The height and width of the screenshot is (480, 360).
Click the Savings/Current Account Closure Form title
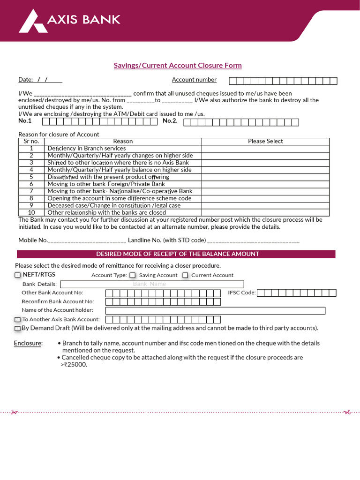[x=178, y=65]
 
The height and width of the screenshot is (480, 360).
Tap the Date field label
[x=25, y=80]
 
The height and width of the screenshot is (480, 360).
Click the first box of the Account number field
[x=232, y=81]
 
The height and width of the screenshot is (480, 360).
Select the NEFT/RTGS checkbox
[x=18, y=275]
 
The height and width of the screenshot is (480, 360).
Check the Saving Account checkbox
[x=133, y=276]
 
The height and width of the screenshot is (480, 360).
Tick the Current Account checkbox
[x=185, y=276]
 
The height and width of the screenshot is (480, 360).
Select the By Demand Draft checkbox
[x=18, y=329]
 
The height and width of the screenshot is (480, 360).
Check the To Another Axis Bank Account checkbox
[x=18, y=320]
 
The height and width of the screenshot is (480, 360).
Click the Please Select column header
[x=265, y=141]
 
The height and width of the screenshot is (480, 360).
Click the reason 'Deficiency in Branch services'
[x=86, y=148]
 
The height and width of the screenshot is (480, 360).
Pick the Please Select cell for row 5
[x=265, y=177]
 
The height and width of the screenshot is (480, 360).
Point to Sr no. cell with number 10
[x=31, y=212]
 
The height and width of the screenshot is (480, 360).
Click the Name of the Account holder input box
[x=215, y=310]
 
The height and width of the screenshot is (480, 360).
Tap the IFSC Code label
[x=241, y=293]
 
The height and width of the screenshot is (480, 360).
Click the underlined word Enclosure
[x=28, y=343]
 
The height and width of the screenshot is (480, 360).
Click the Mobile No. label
[x=33, y=240]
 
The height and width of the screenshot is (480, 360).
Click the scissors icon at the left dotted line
[x=14, y=412]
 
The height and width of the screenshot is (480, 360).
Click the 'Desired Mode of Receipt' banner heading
[x=177, y=254]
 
